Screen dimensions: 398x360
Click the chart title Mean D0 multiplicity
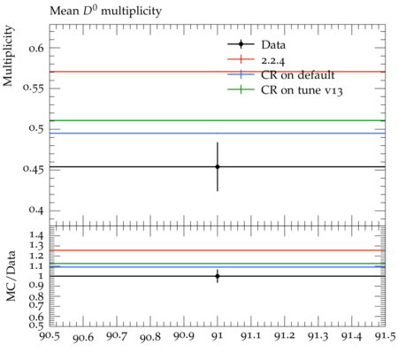click(x=105, y=11)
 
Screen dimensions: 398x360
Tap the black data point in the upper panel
click(x=218, y=167)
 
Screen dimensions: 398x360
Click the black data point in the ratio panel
click(x=218, y=276)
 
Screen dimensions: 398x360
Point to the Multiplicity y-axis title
click(x=8, y=56)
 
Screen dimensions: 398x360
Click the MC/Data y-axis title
click(x=11, y=276)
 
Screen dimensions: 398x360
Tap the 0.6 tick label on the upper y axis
click(x=36, y=48)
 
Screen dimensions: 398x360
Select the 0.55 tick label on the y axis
click(x=34, y=88)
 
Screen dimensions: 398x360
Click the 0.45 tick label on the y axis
click(x=34, y=169)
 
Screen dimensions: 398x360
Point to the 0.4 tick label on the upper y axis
click(x=36, y=211)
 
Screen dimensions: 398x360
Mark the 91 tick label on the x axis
click(x=218, y=336)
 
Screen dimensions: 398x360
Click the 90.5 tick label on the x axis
click(x=50, y=336)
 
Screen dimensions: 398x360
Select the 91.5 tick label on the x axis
click(x=385, y=336)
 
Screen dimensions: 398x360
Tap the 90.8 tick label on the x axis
click(x=150, y=336)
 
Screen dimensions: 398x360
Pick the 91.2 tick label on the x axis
click(x=285, y=336)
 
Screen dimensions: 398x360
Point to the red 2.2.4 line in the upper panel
click(x=218, y=72)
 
